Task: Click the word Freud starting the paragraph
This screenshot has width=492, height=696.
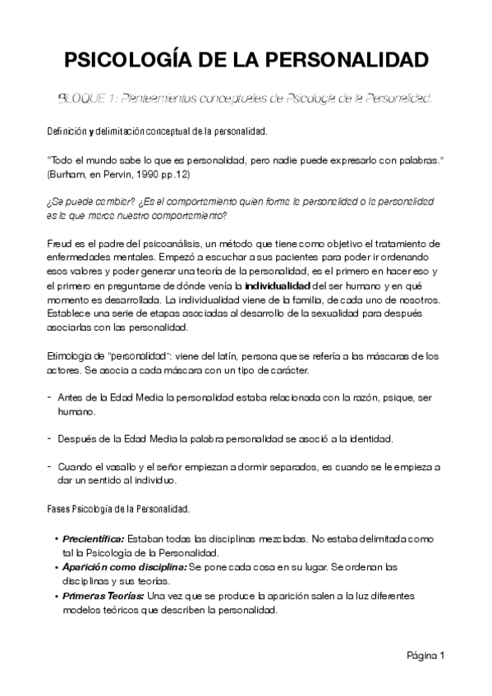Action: [60, 244]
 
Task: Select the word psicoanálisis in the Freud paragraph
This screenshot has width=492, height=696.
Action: [182, 244]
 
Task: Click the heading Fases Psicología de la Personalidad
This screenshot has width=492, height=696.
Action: [118, 509]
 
